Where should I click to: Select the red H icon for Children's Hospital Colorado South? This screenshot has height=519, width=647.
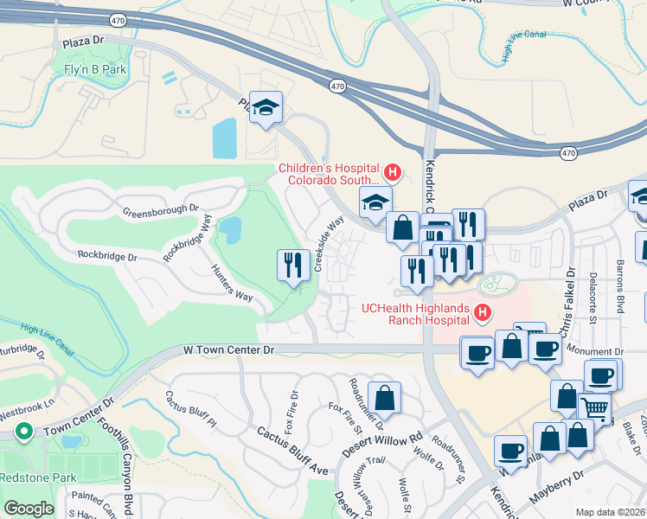pos(392,172)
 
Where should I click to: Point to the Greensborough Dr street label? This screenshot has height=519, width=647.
pos(160,210)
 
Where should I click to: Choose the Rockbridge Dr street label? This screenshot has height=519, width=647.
pos(107,256)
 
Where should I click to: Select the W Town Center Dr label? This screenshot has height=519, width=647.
pos(228,349)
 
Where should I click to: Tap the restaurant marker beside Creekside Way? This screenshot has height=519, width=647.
pos(293,265)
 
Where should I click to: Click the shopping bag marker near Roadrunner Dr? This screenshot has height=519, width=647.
pos(385,399)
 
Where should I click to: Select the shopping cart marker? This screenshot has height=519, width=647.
pos(594,408)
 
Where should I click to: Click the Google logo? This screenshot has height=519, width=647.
pos(29,509)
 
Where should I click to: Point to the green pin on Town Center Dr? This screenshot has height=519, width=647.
pos(25,431)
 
